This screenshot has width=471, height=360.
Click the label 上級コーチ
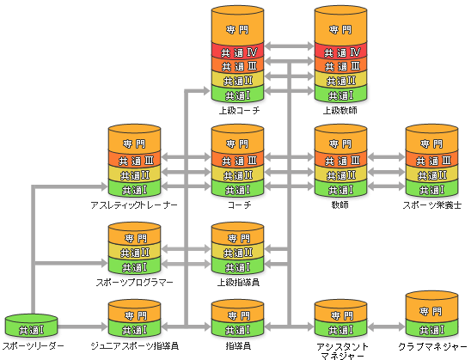coord(240,111)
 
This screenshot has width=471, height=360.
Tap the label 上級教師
coord(340,111)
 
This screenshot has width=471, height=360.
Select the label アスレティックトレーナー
coord(134,205)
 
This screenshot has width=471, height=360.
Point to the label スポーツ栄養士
coord(432,205)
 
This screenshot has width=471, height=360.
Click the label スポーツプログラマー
coord(135,283)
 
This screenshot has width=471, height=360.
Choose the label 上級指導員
coord(238,283)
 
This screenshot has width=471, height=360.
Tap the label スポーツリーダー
coord(33,346)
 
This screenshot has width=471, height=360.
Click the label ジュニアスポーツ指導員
coord(135,346)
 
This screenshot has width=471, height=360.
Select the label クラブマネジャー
coord(433,347)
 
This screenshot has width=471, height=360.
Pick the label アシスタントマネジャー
coord(342,351)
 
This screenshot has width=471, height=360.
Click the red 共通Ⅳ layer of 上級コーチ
coord(237,52)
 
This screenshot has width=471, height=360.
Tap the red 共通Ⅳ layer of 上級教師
coord(340,52)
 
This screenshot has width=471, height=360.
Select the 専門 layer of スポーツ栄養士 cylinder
coord(432,141)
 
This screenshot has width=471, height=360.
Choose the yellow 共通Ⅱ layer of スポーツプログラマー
coord(135,252)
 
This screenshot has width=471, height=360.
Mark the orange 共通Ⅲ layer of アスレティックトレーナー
coord(135,160)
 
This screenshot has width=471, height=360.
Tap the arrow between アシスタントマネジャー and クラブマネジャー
coord(386,327)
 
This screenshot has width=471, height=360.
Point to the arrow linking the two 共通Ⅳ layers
coord(290,46)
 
